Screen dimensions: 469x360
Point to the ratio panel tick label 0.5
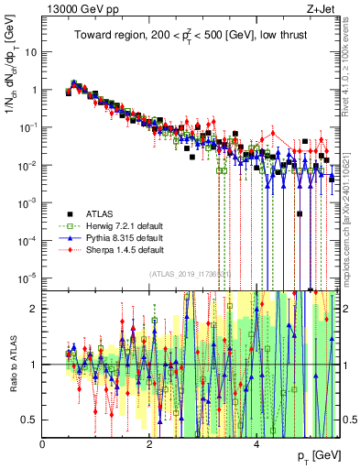click(29, 420)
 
